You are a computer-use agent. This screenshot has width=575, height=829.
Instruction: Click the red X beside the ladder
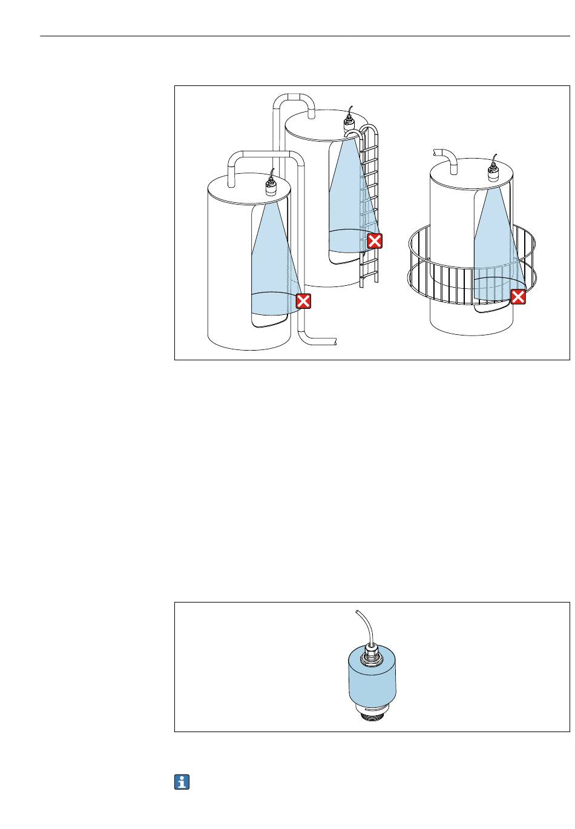[x=375, y=242]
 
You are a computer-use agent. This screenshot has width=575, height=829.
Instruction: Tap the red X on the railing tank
[x=519, y=297]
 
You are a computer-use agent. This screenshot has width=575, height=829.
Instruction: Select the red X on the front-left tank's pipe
[x=303, y=301]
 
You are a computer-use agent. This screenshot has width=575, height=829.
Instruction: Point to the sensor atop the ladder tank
[x=350, y=124]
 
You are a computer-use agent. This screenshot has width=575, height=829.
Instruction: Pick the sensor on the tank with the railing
[x=494, y=173]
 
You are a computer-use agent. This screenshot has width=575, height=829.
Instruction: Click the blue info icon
[x=182, y=782]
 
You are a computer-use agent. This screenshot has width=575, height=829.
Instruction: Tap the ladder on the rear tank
[x=369, y=206]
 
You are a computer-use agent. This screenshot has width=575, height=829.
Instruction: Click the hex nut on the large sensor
[x=369, y=655]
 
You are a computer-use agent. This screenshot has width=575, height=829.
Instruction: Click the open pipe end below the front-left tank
[x=333, y=341]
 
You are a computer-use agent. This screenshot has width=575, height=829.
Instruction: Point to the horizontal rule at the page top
[x=303, y=36]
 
